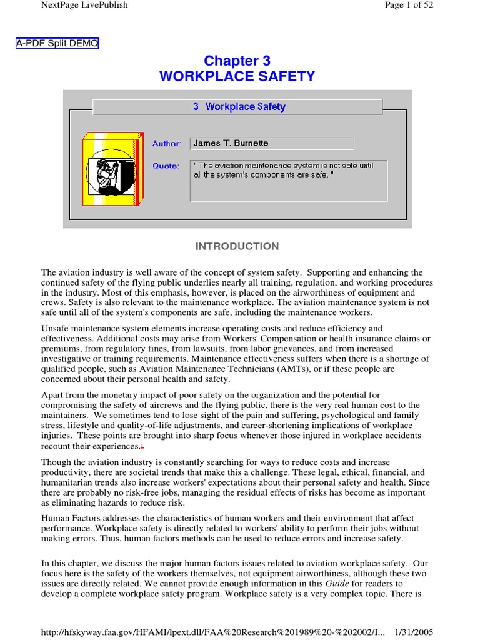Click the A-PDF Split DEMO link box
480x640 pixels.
(x=57, y=43)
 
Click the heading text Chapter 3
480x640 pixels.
(x=237, y=61)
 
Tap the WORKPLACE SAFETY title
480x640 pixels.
(x=237, y=76)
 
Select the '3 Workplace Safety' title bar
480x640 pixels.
(x=237, y=107)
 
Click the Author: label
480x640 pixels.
(x=167, y=144)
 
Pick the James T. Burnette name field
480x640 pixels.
(x=272, y=143)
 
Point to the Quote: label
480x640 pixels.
(x=166, y=166)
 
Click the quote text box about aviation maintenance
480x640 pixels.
(x=288, y=180)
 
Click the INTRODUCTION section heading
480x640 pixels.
(x=237, y=246)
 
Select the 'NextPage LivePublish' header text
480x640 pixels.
(x=84, y=5)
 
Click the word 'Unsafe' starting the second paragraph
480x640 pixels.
(x=56, y=329)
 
